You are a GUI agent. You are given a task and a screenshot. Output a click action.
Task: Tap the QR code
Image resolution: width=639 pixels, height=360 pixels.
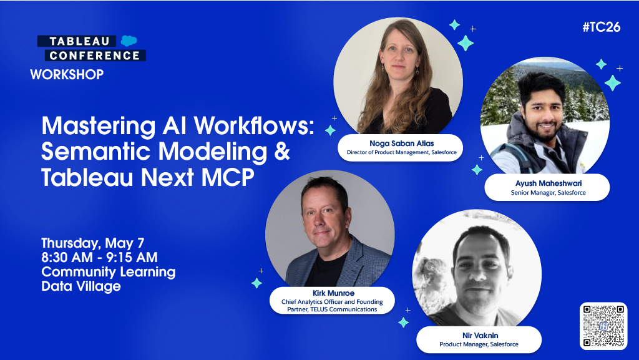603,325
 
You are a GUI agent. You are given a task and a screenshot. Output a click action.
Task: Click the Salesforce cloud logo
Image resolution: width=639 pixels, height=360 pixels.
129,41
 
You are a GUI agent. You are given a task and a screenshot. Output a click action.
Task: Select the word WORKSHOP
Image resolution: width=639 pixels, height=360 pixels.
67,75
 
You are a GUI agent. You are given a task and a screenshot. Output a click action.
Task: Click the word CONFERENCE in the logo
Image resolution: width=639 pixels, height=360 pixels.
94,56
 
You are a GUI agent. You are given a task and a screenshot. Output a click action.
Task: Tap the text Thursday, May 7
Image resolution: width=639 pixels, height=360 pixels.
93,243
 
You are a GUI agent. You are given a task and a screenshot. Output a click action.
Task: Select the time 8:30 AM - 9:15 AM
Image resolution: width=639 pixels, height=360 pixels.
99,257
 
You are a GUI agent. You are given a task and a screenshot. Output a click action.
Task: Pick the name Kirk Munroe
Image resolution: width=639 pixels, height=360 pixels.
332,293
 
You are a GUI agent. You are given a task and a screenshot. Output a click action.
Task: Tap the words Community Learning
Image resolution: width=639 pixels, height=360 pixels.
109,272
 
